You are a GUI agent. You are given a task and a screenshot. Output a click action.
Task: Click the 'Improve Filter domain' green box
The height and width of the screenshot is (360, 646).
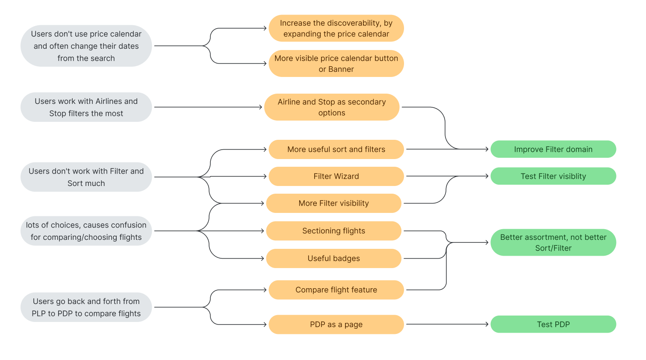[x=553, y=149]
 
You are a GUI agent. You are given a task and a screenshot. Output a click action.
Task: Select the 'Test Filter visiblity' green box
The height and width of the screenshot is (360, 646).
[x=553, y=176]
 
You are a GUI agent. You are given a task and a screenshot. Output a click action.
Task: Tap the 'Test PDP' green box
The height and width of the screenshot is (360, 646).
[x=553, y=325]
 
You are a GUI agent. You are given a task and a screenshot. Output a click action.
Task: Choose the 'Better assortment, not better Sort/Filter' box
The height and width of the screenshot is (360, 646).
[x=553, y=242]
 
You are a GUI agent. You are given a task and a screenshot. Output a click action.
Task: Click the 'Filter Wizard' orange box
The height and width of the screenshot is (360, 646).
[x=336, y=176]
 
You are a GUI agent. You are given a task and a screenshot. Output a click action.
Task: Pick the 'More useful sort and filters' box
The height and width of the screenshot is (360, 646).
[x=336, y=149]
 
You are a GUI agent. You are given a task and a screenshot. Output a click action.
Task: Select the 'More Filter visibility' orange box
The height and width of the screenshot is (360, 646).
[x=333, y=203]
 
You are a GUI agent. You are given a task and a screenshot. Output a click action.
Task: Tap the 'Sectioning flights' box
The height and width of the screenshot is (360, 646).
[x=333, y=231]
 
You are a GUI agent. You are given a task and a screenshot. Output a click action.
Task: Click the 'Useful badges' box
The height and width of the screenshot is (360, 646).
[x=333, y=258]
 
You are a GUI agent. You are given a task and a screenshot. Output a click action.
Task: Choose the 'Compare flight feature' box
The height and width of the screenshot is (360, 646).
[x=336, y=290]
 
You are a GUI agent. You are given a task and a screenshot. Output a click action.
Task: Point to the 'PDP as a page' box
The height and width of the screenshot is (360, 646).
[x=336, y=325]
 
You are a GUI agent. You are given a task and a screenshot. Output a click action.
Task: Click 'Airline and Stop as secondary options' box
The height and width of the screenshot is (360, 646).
[x=332, y=107]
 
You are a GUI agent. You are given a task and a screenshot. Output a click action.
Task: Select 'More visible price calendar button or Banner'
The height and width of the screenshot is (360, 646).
[x=336, y=64]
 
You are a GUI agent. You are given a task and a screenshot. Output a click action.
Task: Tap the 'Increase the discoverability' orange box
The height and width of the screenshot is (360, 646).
[x=336, y=28]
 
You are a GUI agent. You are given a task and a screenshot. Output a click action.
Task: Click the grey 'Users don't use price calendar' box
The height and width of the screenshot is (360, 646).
[x=86, y=46]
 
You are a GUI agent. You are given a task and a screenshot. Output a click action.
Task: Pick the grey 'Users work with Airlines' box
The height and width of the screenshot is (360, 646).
[x=86, y=107]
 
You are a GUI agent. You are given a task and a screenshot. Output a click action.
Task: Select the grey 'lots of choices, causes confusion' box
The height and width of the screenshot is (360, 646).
[x=86, y=231]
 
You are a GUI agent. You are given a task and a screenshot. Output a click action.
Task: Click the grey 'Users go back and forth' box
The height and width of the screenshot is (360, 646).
[x=86, y=307]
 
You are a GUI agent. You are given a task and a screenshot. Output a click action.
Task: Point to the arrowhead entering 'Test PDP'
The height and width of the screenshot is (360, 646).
[x=487, y=325]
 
